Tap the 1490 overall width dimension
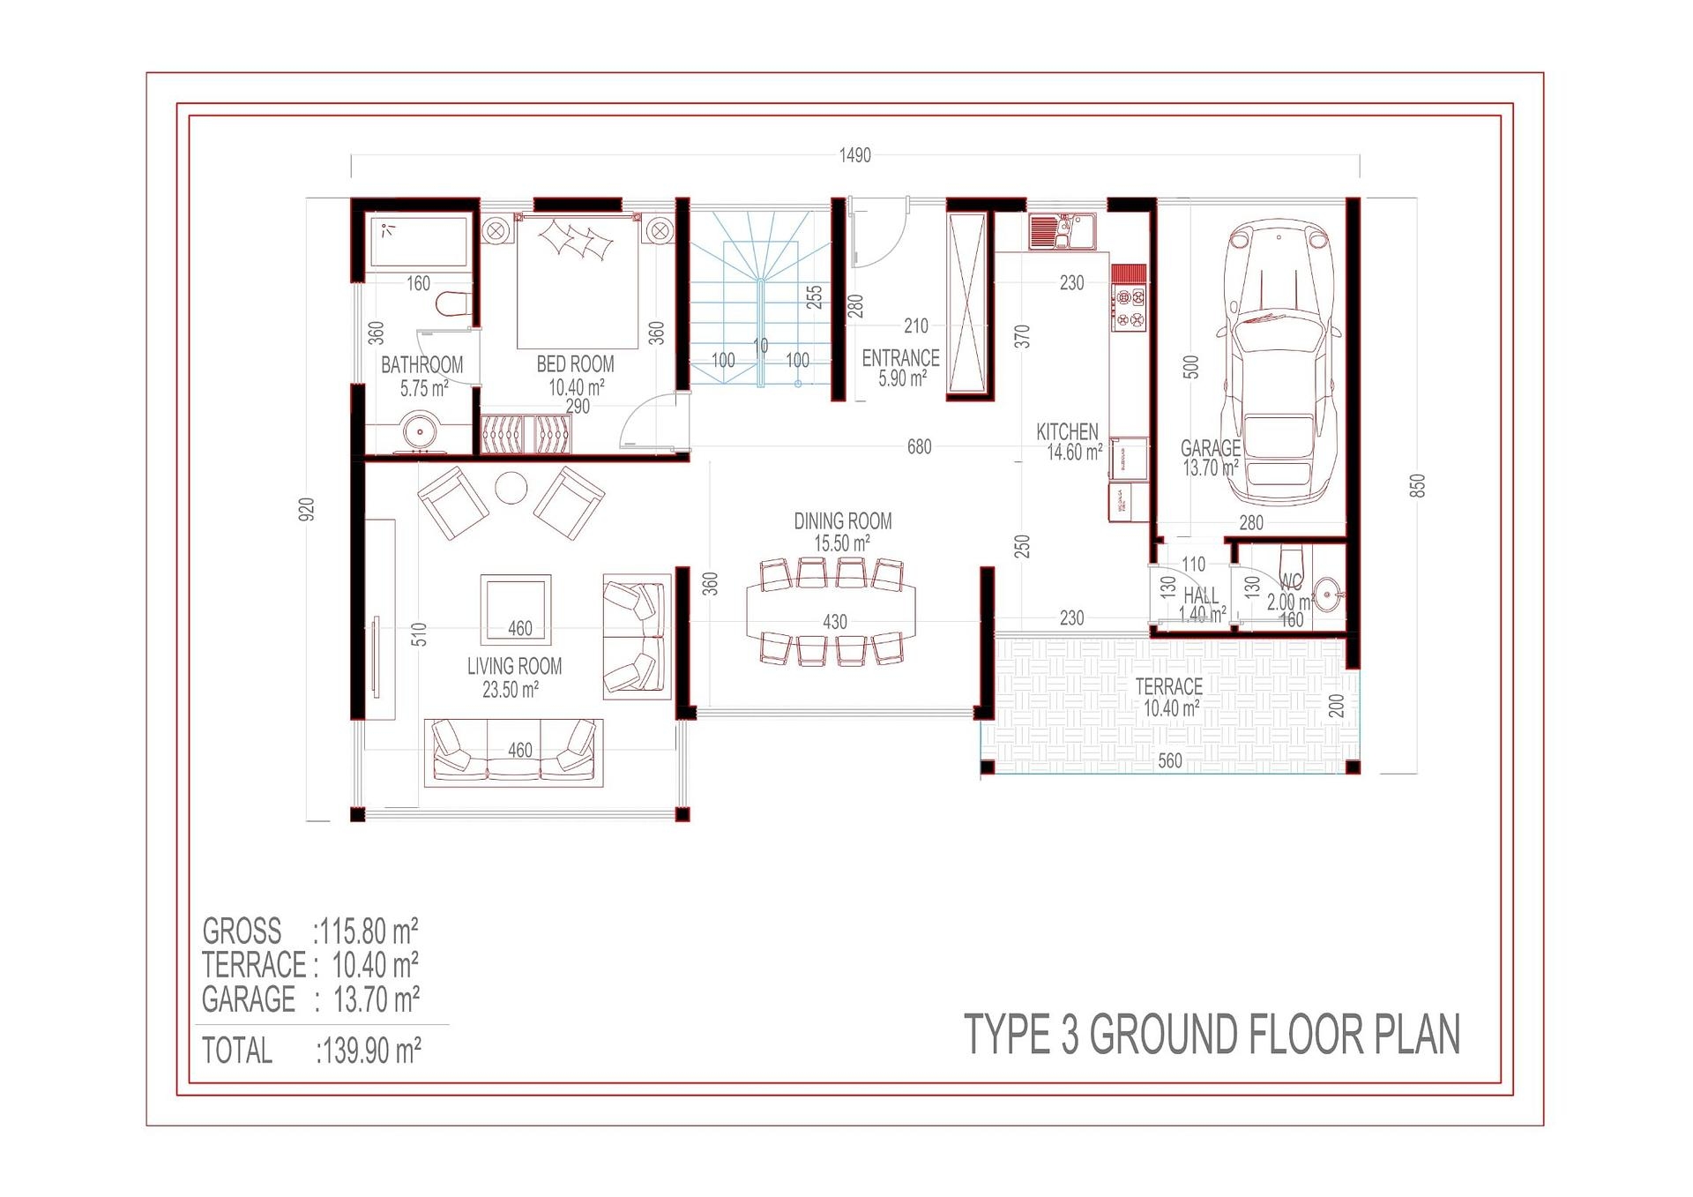click(854, 156)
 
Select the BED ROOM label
click(575, 364)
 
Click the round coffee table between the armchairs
click(511, 488)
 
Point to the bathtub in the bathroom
click(418, 241)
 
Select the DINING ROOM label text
click(842, 521)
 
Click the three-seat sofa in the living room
click(514, 752)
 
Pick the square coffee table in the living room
click(516, 609)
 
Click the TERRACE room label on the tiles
click(1168, 686)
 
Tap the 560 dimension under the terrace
click(1169, 760)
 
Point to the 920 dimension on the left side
click(307, 509)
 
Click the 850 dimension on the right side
click(1417, 486)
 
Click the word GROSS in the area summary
click(242, 931)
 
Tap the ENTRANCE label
click(900, 358)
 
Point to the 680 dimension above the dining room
click(919, 447)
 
